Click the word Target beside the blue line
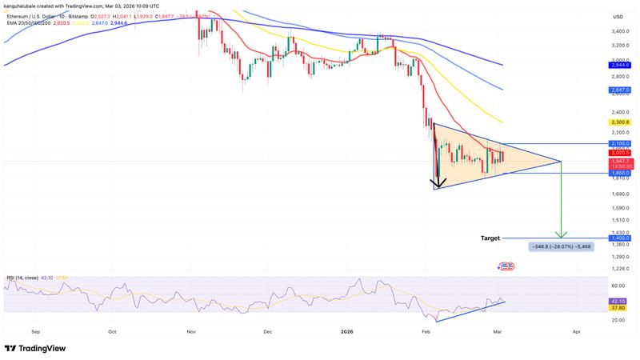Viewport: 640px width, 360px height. coord(490,238)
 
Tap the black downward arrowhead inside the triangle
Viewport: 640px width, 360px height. coord(438,183)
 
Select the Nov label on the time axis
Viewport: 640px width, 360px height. coord(190,330)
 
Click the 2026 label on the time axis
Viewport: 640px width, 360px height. coord(346,330)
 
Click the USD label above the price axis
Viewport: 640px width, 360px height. coord(618,17)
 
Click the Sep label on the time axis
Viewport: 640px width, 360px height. coord(36,330)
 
